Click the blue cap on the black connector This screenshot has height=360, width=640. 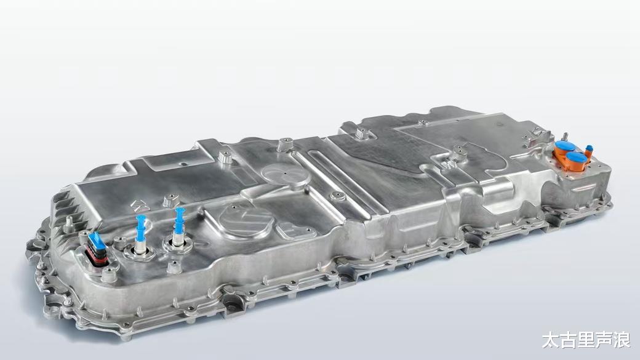pos(97,240)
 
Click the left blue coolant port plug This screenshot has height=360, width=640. pos(140,228)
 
